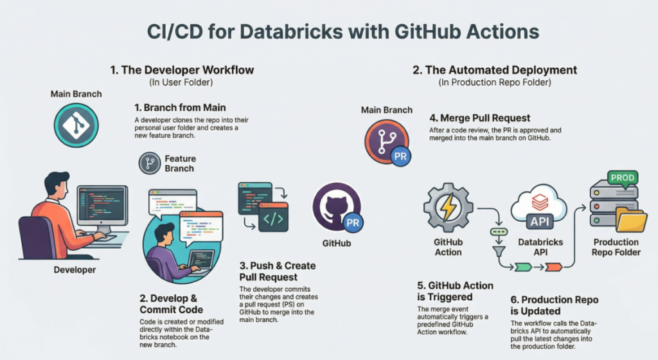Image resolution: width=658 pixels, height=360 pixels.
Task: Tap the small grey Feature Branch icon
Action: (150, 164)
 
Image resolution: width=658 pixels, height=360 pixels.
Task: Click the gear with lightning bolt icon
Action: (448, 208)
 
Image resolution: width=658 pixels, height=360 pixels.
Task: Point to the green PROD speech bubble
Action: (623, 178)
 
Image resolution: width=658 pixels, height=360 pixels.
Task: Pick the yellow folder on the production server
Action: (632, 221)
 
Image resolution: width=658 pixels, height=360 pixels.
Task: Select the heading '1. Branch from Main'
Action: (180, 107)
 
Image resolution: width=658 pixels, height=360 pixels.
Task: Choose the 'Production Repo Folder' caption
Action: (616, 247)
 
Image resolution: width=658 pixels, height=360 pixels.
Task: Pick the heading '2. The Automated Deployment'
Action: (495, 70)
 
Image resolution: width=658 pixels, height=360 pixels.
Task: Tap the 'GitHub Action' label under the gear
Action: (448, 247)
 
